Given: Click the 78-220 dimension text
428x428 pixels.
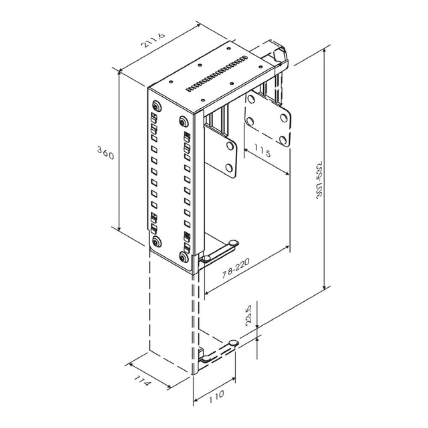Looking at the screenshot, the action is pos(235,269).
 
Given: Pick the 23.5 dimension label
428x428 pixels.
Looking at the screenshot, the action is pos(249,315).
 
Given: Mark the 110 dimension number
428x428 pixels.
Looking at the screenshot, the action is pos(217,397).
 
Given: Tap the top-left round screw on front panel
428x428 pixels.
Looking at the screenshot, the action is pos(157,106).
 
